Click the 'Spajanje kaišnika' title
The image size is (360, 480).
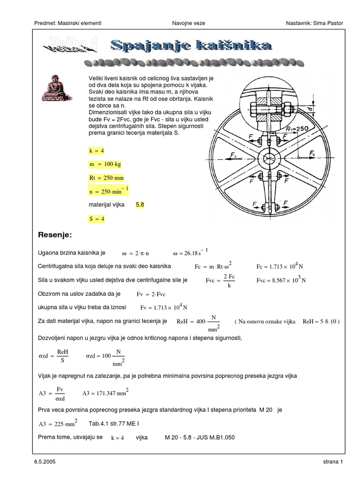click(x=191, y=45)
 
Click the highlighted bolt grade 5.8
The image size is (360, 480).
click(x=140, y=205)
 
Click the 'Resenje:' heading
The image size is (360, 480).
click(x=56, y=234)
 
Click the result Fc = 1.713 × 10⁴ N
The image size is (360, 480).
click(x=279, y=266)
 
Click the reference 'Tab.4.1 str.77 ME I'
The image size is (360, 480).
click(x=114, y=424)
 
